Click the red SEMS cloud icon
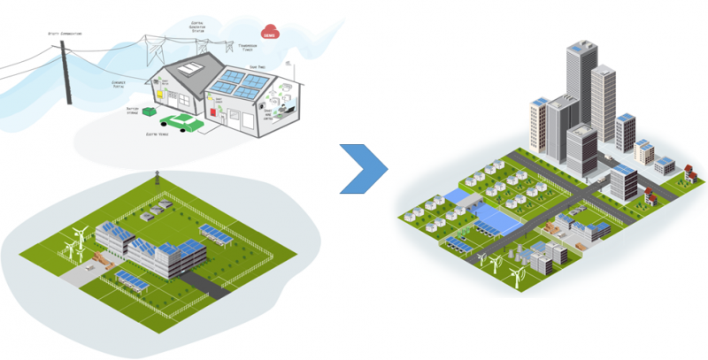click(269, 33)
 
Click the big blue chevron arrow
click(364, 165)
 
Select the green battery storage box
click(150, 113)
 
